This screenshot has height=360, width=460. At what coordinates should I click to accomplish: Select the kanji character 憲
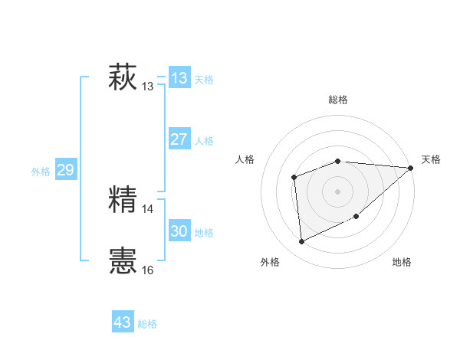click(x=123, y=261)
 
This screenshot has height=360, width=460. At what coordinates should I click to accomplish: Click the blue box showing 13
click(x=179, y=77)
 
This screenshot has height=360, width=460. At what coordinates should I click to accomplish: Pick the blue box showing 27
click(x=179, y=139)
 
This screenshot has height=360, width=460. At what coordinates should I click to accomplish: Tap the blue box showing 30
click(x=179, y=231)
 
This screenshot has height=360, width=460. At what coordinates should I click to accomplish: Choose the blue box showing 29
click(x=65, y=170)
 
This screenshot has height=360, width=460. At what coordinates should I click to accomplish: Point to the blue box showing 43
click(x=123, y=322)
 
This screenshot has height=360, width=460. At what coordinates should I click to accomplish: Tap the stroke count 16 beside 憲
click(x=148, y=270)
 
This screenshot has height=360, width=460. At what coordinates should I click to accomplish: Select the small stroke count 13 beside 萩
click(x=148, y=87)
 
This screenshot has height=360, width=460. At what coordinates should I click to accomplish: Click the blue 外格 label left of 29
click(x=41, y=172)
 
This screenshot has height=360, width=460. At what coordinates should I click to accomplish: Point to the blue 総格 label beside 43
click(x=147, y=324)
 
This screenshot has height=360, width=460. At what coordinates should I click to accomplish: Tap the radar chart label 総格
click(x=338, y=100)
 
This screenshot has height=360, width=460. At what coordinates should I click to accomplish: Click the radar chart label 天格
click(x=431, y=159)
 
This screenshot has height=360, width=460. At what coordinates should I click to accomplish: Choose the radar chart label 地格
click(x=402, y=262)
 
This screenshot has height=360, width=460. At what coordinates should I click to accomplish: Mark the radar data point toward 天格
click(x=410, y=168)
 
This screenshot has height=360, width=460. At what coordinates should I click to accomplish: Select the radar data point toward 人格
click(x=294, y=178)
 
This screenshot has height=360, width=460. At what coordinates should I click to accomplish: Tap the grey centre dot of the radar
click(x=337, y=191)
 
